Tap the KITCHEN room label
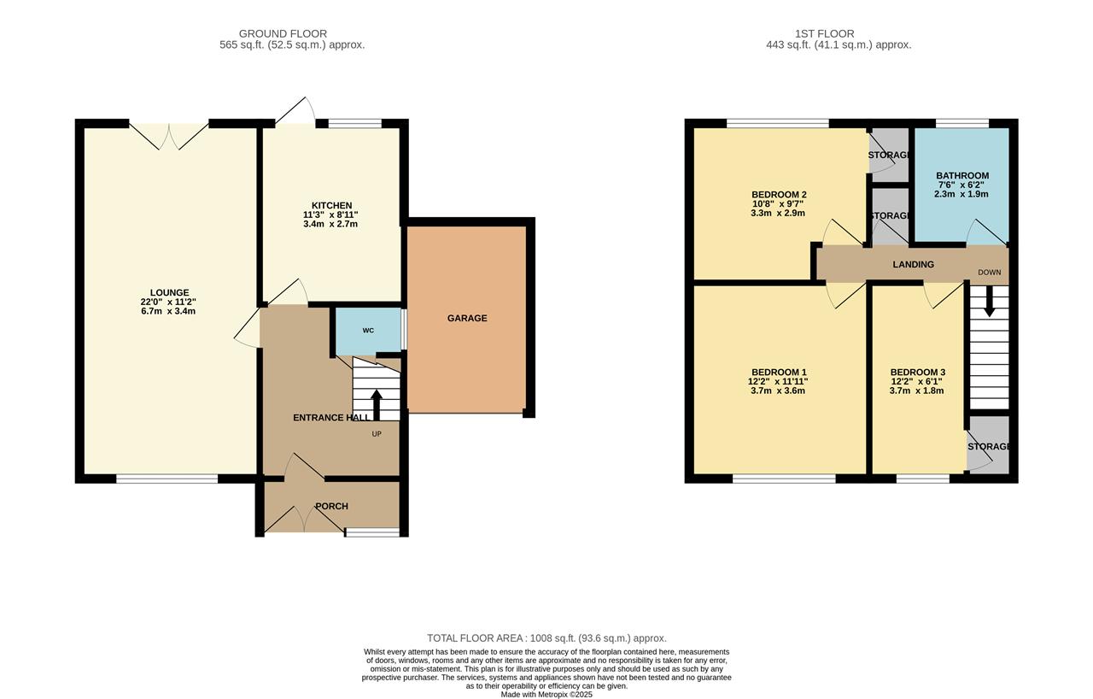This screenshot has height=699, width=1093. [x=331, y=205]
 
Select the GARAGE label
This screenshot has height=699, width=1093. [x=467, y=318]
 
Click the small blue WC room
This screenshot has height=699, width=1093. [x=368, y=330]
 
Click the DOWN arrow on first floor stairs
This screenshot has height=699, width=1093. [x=989, y=301]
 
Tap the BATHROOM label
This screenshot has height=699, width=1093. [x=961, y=176]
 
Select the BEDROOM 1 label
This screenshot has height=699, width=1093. [x=777, y=372]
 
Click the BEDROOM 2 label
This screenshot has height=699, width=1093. [x=779, y=195]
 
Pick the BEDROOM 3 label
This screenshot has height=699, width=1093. [x=917, y=372]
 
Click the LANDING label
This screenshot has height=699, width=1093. [x=913, y=264]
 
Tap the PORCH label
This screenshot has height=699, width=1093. [x=331, y=506]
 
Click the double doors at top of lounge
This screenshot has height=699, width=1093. [x=169, y=136]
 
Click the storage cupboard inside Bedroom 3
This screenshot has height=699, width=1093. [x=988, y=445]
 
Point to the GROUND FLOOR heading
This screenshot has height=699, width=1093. [x=283, y=34]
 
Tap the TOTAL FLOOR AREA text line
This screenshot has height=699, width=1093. [x=546, y=638]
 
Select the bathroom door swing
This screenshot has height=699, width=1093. [x=982, y=232]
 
